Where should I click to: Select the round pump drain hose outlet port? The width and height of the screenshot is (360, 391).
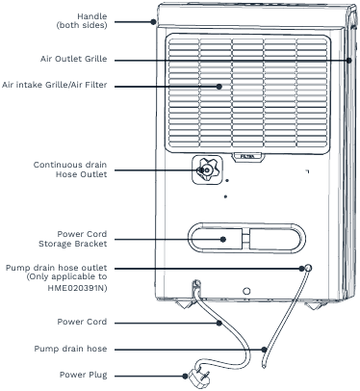tap(305, 268)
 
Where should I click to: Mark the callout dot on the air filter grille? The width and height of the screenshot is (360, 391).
tap(221, 86)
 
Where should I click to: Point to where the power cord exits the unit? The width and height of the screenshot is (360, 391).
tap(195, 285)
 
